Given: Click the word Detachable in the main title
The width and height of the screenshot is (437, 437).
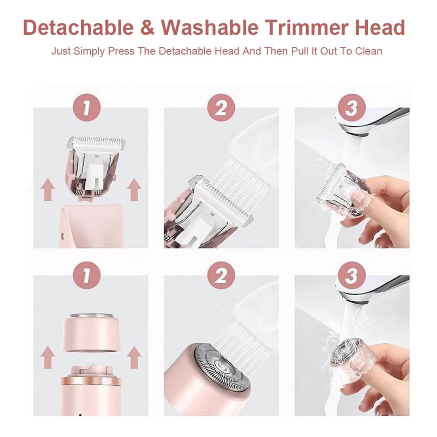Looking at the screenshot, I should [78, 28].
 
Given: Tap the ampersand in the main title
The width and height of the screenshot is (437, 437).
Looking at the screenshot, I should [147, 28].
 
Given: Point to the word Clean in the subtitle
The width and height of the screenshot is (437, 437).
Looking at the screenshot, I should [368, 51].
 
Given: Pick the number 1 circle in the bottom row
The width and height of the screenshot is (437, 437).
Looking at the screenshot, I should [86, 275].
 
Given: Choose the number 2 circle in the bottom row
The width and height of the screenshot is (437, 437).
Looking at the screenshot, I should [221, 275].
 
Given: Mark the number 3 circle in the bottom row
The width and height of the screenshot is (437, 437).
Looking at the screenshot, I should [352, 275].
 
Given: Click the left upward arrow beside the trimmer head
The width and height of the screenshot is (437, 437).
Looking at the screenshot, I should [48, 190].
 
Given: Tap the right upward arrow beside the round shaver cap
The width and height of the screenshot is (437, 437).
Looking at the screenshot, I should [134, 357].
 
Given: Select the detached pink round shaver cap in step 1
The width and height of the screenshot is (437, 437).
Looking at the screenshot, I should [91, 333].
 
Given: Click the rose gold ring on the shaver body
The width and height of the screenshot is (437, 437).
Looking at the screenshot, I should [91, 381].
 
